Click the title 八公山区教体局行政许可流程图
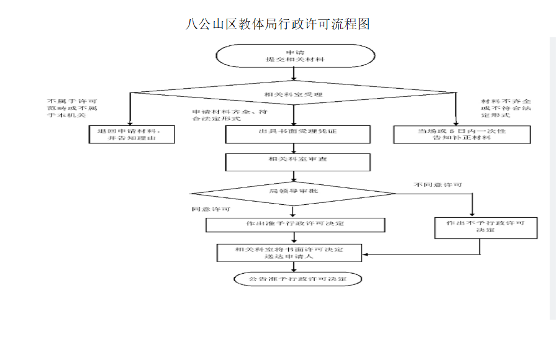tap(278, 24)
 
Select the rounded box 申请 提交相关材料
tap(294, 56)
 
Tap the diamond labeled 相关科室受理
tap(294, 94)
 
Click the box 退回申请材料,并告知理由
tap(132, 134)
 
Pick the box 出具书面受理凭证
tap(297, 133)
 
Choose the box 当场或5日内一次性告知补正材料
tap(462, 134)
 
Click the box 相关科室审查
tap(297, 161)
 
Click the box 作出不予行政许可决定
tap(485, 227)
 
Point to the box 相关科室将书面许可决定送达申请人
tap(289, 253)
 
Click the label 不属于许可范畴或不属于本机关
tap(72, 108)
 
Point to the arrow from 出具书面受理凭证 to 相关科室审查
tap(294, 148)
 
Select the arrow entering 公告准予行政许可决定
tap(294, 266)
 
